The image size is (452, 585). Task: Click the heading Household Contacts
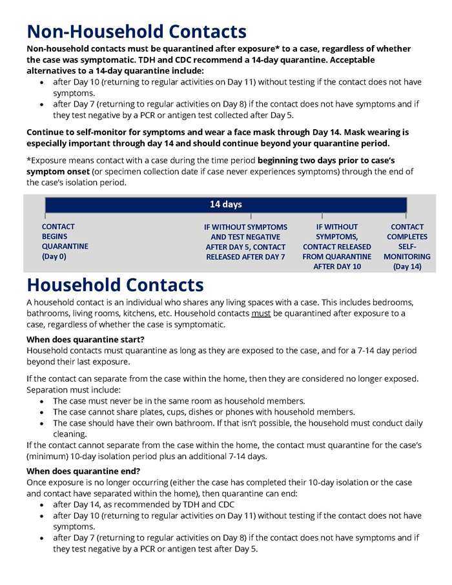[x=115, y=284]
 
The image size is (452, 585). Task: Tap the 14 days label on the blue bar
[x=225, y=204]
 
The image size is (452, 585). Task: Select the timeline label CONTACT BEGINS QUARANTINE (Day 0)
[x=65, y=241]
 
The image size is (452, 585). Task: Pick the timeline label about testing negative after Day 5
[x=245, y=241]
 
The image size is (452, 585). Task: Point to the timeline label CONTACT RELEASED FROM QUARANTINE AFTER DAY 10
[x=336, y=246]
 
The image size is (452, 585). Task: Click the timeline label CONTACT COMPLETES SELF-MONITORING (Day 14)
[x=407, y=246]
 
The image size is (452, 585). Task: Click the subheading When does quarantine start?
[x=85, y=339]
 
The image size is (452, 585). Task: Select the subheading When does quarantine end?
[x=83, y=471]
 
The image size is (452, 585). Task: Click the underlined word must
[x=260, y=313]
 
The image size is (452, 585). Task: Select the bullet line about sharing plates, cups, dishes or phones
[x=204, y=412]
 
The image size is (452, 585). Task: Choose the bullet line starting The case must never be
[x=179, y=401]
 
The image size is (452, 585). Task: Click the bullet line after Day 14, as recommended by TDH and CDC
[x=143, y=504]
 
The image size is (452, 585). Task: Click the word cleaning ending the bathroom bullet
[x=70, y=435]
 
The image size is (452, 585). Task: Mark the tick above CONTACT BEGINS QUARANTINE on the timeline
[x=45, y=214]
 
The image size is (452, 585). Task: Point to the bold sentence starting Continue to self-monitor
[x=217, y=138]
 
